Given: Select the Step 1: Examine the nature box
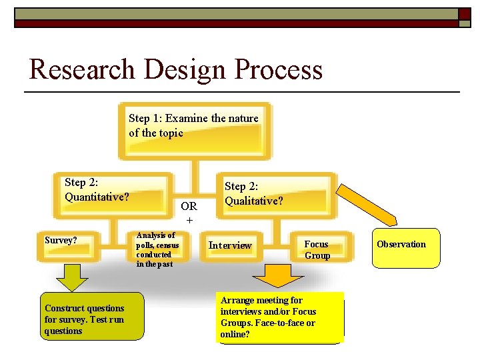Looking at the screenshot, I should tap(194, 131).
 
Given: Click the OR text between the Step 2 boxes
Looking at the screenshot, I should tap(189, 207).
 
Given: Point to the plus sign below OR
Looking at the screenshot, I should tap(189, 220).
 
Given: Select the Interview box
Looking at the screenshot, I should tap(231, 245).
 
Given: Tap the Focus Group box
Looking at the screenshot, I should tap(317, 249).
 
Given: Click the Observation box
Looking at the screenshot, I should tap(406, 248).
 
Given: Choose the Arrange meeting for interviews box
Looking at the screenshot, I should tap(279, 317).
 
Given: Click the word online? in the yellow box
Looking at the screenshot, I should tap(235, 334).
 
